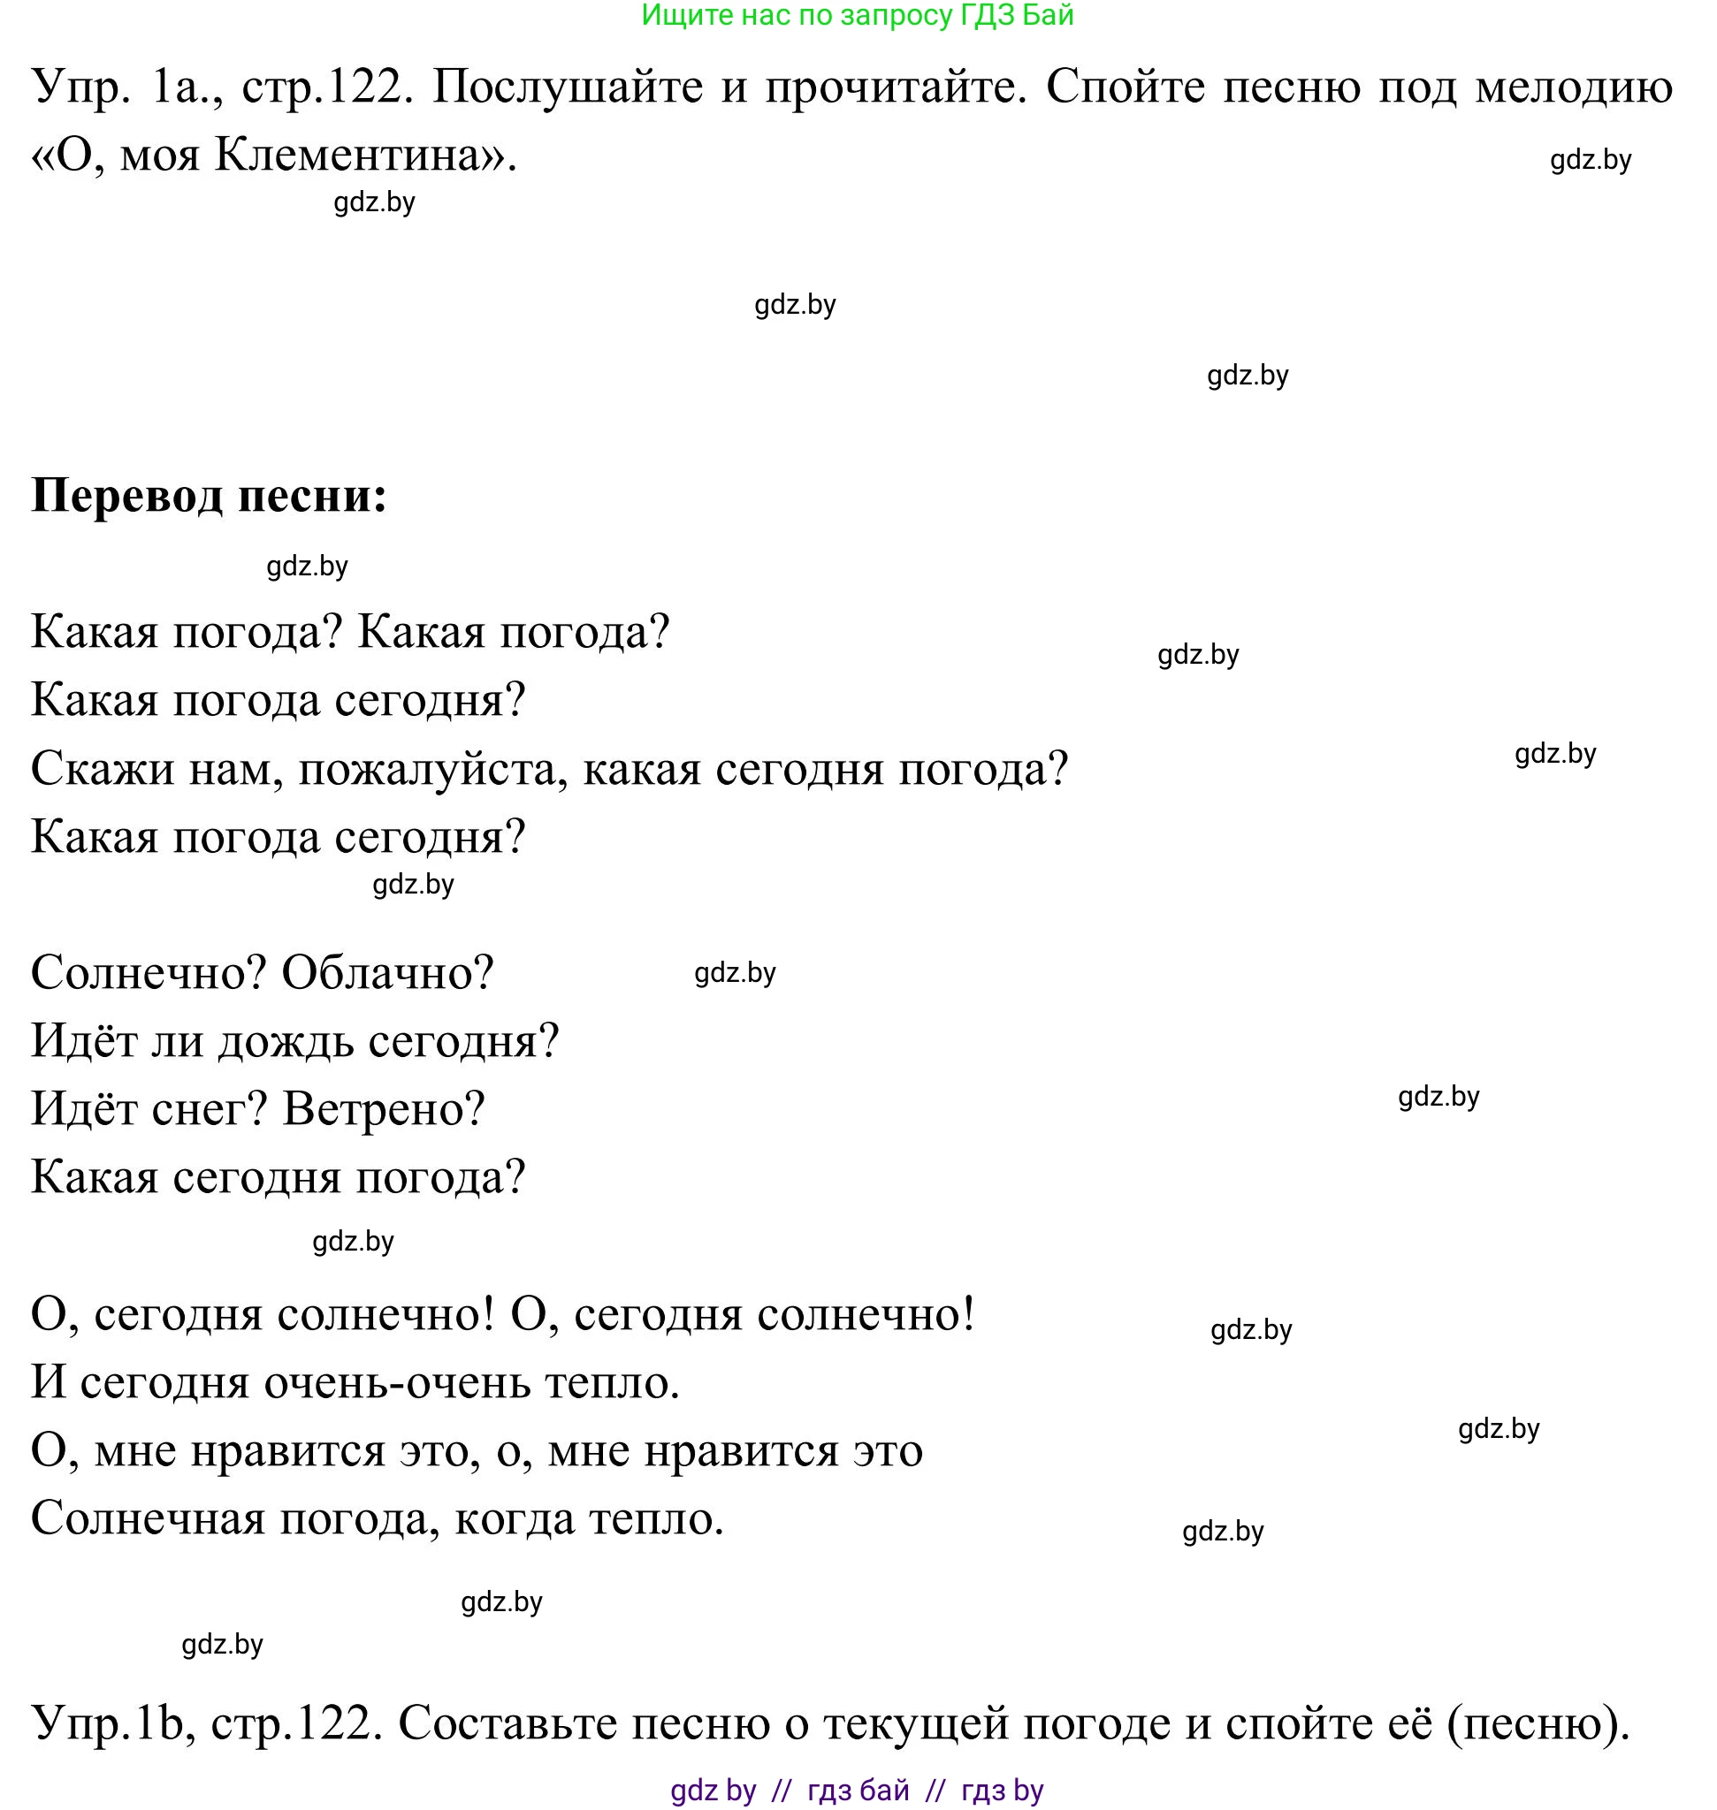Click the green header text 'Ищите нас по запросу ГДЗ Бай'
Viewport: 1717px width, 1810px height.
tap(857, 16)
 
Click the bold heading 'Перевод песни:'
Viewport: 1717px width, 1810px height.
tap(209, 496)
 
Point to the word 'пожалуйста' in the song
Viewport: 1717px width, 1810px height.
tap(426, 769)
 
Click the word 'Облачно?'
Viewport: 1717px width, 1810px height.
tap(387, 973)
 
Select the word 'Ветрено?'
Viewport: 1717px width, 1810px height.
tap(383, 1109)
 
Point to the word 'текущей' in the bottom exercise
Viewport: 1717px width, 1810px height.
tap(915, 1724)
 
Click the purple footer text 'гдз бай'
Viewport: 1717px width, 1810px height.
tap(858, 1790)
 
